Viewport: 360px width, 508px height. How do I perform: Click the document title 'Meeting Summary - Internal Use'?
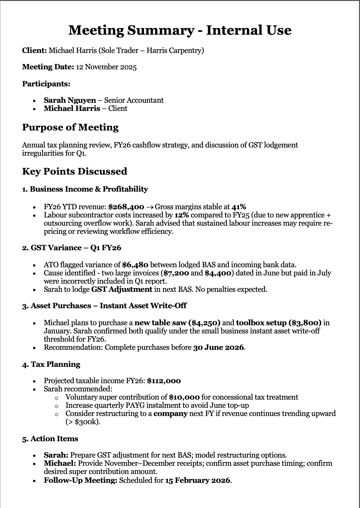click(x=180, y=30)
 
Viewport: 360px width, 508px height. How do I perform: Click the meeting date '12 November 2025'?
click(x=106, y=67)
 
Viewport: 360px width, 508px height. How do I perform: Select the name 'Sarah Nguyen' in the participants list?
click(x=70, y=100)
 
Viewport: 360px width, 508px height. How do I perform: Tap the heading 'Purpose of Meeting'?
click(x=70, y=127)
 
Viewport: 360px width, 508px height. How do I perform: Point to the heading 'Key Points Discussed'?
click(x=75, y=171)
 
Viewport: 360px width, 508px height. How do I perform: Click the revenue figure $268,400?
click(x=126, y=207)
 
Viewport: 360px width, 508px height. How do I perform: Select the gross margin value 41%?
click(x=239, y=207)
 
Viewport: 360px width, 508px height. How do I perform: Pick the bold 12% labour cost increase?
click(x=181, y=215)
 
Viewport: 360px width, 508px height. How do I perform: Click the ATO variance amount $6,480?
click(x=135, y=265)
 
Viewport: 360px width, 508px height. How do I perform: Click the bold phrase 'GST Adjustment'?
click(x=122, y=289)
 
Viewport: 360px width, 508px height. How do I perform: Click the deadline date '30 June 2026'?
click(x=218, y=347)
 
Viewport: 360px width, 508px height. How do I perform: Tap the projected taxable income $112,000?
click(x=164, y=381)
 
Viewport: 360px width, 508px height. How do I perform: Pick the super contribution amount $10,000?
click(x=184, y=397)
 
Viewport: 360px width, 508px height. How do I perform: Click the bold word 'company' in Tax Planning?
click(x=171, y=413)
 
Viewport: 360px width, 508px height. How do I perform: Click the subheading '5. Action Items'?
click(x=50, y=439)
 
